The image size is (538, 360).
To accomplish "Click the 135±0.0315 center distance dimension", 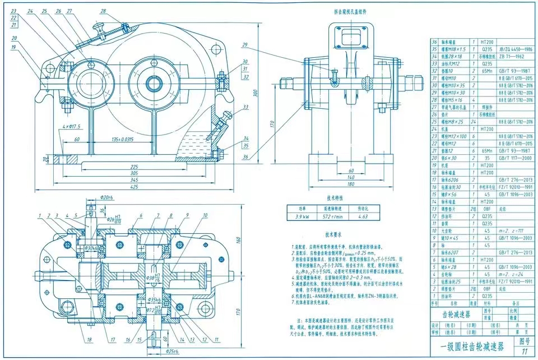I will tap(123, 139).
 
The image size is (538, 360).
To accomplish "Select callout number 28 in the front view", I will tap(103, 11).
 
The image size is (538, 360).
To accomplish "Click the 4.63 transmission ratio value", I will tap(363, 215).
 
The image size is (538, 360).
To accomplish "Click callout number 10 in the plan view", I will tap(205, 215).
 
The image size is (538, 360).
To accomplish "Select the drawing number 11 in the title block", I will tap(524, 352).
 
